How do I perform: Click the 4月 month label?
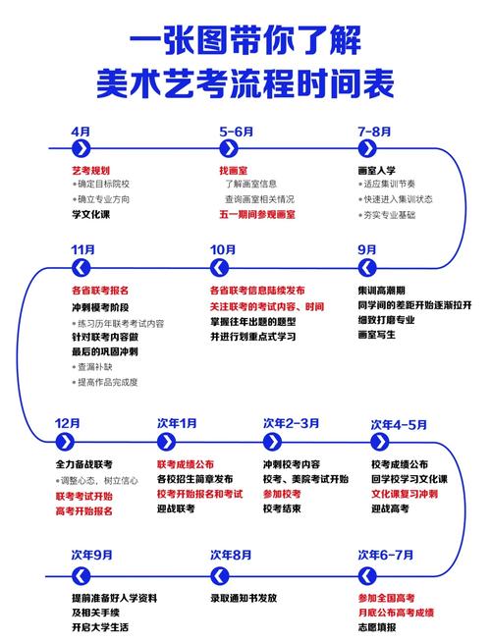(82, 131)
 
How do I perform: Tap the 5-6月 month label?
(236, 131)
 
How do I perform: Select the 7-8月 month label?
(374, 131)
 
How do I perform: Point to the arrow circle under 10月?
(221, 268)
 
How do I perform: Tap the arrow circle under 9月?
(367, 268)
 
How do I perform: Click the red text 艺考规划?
(90, 170)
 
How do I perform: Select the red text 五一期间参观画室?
(257, 214)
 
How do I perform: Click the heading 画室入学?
(377, 170)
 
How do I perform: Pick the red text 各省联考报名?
(99, 291)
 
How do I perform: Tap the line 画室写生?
(377, 335)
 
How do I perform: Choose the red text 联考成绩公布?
(186, 463)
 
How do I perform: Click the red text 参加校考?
(281, 494)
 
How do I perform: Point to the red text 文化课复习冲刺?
(405, 494)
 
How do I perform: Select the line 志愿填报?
(377, 626)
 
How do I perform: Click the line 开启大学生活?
(99, 626)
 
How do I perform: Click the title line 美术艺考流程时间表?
(245, 80)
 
